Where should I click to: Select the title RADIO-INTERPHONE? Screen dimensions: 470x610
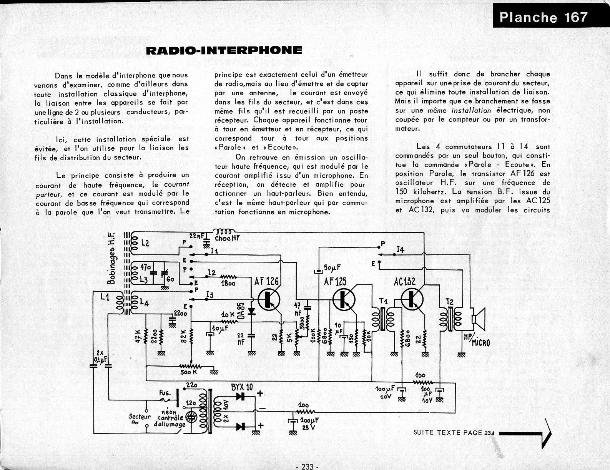tap(224, 50)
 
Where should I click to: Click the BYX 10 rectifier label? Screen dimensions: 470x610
tap(242, 387)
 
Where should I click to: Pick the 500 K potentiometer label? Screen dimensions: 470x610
tap(189, 372)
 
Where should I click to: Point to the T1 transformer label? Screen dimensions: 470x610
tap(383, 301)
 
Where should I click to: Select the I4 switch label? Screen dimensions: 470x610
tap(401, 250)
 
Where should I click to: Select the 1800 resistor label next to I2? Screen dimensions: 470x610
tap(229, 283)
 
